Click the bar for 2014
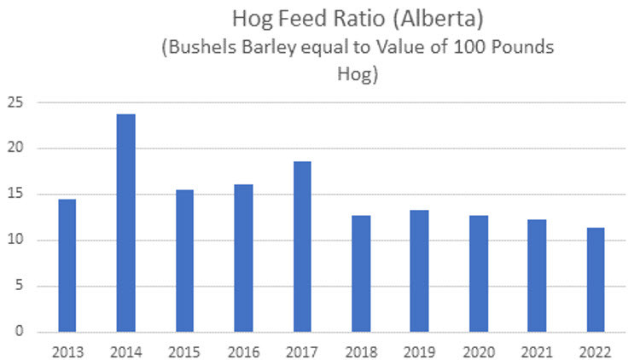[x=126, y=223]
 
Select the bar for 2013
[x=67, y=265]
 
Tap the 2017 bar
[x=302, y=247]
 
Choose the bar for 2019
[x=419, y=270]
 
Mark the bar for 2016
[x=243, y=258]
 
